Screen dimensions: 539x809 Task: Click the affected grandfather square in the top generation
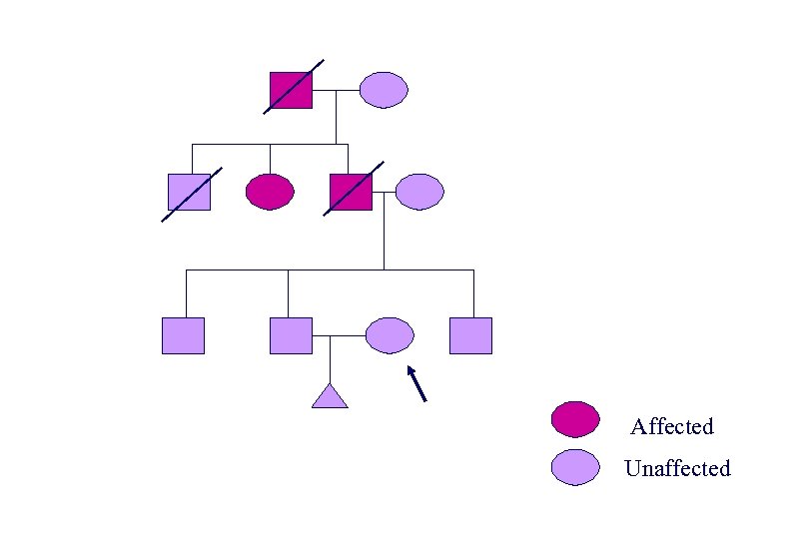coord(291,90)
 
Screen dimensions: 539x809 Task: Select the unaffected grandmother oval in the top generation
coord(384,90)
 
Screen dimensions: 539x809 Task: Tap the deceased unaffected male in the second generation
coord(189,191)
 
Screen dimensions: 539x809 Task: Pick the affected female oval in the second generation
coord(270,191)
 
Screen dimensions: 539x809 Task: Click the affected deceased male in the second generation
coord(351,191)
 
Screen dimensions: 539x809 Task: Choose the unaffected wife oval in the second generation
coord(419,191)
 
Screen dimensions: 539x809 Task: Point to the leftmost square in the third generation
coord(183,335)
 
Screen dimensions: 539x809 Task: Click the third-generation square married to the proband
coord(291,335)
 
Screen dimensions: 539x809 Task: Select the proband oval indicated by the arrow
coord(390,335)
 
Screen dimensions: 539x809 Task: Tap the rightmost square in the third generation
coord(470,335)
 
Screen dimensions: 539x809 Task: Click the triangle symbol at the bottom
coord(330,397)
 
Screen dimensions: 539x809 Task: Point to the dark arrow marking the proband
coord(417,383)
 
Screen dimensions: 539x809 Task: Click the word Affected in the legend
coord(672,427)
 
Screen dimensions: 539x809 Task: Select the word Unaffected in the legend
coord(677,468)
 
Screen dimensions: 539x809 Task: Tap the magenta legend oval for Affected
coord(575,420)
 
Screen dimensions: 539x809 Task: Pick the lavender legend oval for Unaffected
coord(575,467)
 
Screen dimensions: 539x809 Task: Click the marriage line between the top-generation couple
coord(336,90)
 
